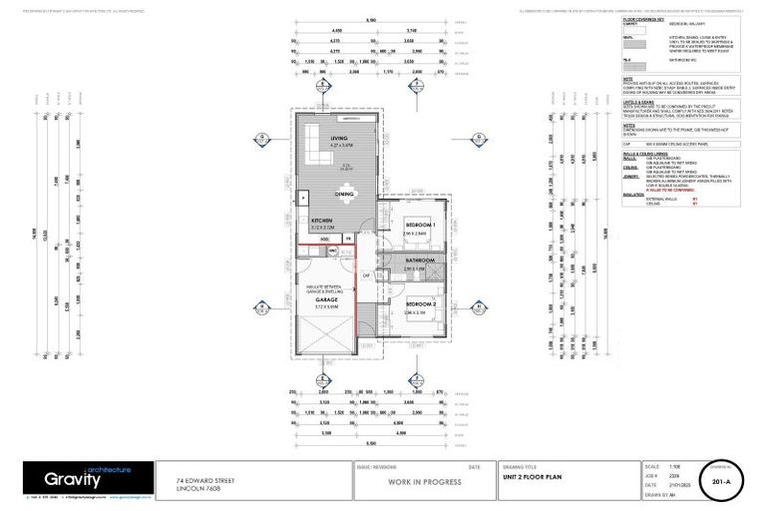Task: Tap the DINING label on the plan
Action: [x=345, y=195]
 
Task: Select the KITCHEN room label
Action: [x=322, y=220]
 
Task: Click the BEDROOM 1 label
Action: [x=419, y=226]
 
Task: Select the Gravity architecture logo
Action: [x=90, y=479]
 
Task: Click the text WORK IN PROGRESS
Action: [x=424, y=481]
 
